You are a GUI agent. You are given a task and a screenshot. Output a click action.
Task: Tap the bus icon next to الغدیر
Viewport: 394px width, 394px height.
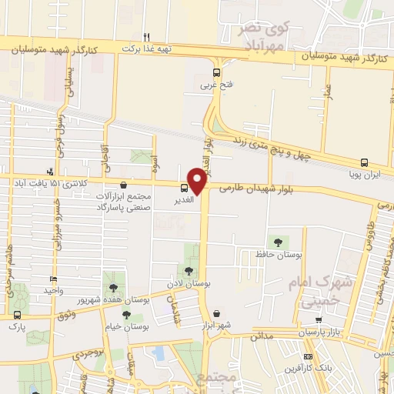pos(184,188)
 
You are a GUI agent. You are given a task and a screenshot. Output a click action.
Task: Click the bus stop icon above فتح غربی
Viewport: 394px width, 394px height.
pos(216,75)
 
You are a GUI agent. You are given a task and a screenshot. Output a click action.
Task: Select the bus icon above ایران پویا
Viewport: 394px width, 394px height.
pos(364,163)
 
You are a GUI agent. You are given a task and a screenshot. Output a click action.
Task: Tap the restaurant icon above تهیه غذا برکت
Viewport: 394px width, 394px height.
pos(146,36)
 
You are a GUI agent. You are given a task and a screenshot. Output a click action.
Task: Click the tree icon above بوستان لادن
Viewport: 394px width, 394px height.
pos(189,271)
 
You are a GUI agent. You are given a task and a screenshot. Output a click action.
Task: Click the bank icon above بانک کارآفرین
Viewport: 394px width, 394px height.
pos(309,357)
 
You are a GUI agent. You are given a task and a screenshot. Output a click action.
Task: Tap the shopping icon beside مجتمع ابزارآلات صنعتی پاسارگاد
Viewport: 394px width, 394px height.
pos(124,184)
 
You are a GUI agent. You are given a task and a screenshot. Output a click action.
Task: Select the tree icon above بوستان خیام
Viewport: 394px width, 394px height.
pos(125,315)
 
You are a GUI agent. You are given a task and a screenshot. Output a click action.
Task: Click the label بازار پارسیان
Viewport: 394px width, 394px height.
pos(319,332)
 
